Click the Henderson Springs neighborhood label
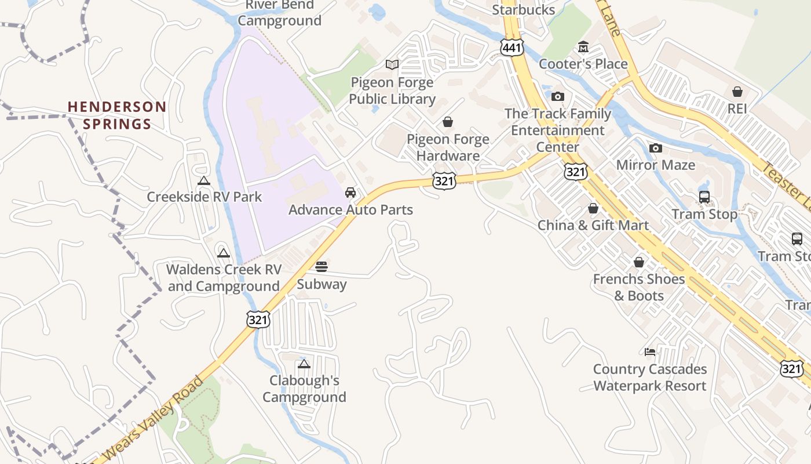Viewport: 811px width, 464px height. (x=117, y=115)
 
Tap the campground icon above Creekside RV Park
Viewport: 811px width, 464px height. (x=203, y=181)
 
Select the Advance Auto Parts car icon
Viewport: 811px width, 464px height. (x=350, y=193)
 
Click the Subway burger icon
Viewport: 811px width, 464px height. (x=322, y=267)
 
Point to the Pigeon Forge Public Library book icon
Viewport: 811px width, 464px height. (x=392, y=64)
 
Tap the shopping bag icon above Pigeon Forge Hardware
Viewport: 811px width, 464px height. (x=448, y=122)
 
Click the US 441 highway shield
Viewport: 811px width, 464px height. (x=512, y=48)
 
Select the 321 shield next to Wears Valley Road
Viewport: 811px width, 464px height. (x=258, y=319)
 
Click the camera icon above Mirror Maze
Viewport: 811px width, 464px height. (x=656, y=148)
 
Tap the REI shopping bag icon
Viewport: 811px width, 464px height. (x=737, y=92)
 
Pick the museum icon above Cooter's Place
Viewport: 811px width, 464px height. (x=583, y=47)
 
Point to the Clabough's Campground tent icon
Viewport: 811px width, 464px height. (x=304, y=364)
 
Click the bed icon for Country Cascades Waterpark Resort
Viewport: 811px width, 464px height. (x=650, y=351)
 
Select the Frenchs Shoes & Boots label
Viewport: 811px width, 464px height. (x=638, y=287)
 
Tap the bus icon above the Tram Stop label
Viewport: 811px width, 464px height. (x=704, y=197)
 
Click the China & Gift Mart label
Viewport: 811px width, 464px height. (x=593, y=225)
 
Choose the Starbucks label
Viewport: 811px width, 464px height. (x=523, y=10)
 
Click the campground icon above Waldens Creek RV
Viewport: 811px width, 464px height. (x=224, y=253)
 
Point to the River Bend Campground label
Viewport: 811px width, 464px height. (x=280, y=13)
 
